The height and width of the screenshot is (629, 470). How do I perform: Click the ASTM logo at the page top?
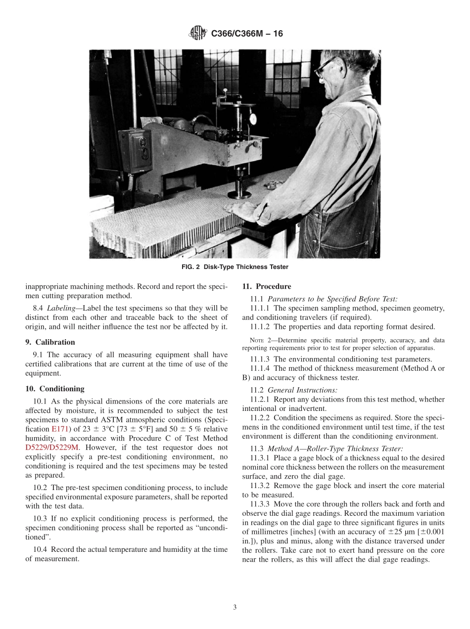(198, 34)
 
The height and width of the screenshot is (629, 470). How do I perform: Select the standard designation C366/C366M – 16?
(247, 34)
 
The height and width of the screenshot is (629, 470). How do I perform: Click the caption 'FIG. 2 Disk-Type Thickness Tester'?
(235, 267)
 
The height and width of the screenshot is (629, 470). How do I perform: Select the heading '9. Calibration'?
(50, 342)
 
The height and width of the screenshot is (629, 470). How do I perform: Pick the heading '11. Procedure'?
(266, 286)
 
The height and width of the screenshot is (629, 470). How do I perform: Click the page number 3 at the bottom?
(235, 607)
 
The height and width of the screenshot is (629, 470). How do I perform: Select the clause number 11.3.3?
(260, 504)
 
